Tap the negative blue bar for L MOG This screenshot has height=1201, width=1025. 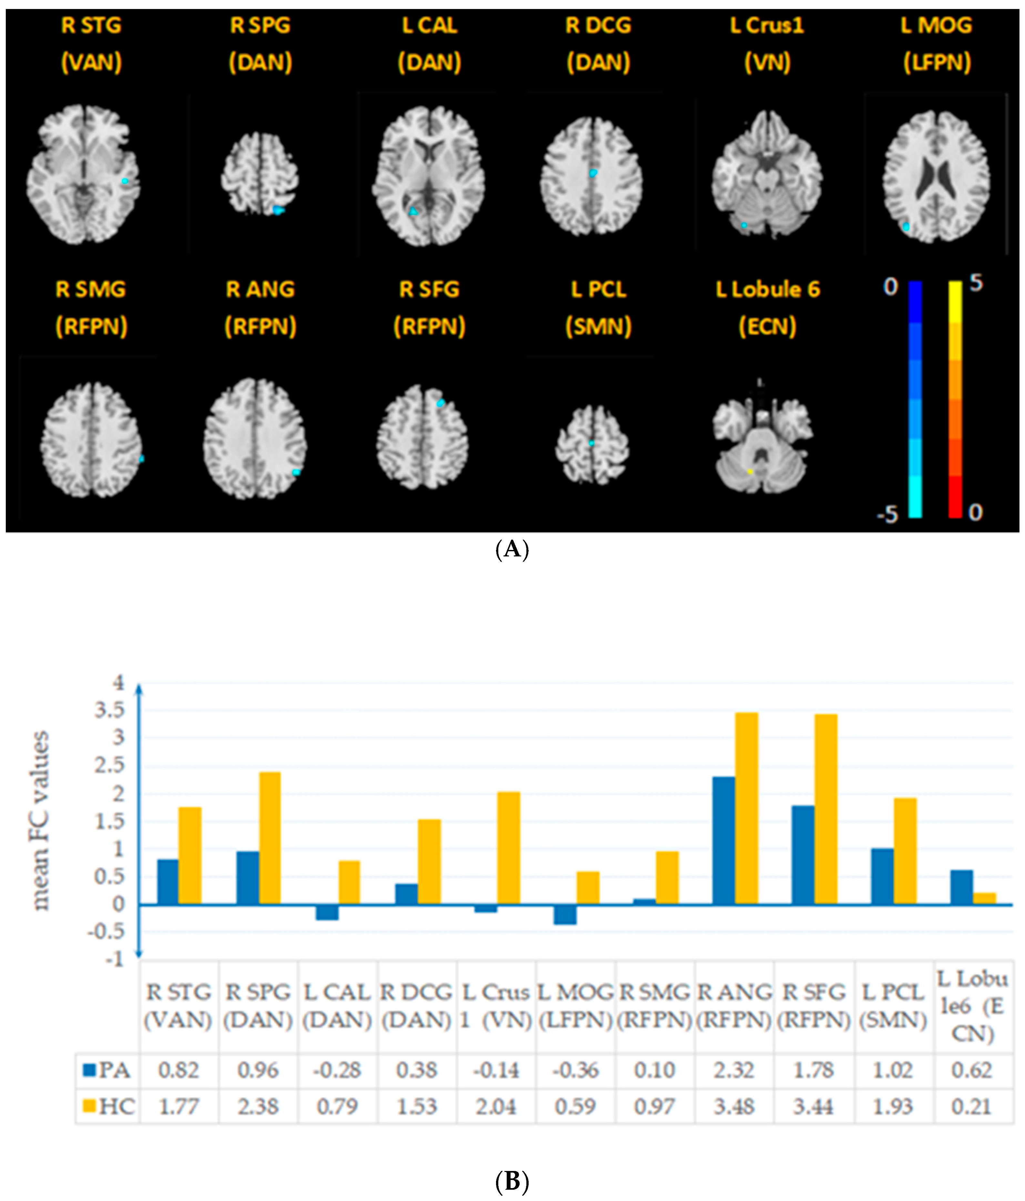pos(565,914)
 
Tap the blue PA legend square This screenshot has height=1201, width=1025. pos(89,1070)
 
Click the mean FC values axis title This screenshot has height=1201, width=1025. pos(41,820)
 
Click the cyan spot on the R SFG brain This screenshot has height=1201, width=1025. pos(440,403)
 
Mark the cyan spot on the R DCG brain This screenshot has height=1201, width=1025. pos(593,173)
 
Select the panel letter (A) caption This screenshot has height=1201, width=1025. pos(512,548)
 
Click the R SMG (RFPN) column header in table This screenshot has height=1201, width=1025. pos(655,1006)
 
